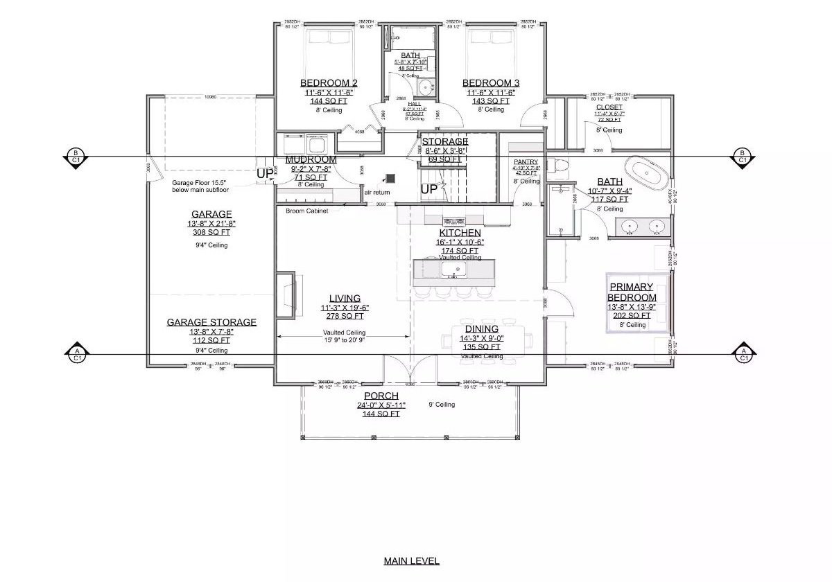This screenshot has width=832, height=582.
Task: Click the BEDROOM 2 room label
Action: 329,82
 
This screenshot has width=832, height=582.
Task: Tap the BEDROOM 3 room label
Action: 491,82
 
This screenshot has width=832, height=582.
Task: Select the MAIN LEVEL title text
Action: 412,561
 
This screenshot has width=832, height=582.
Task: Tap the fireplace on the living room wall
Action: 286,293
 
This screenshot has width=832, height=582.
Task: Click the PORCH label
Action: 381,396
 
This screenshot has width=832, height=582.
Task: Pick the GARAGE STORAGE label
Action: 211,322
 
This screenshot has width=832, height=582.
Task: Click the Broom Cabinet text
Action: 307,210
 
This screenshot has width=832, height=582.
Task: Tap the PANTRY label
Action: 526,161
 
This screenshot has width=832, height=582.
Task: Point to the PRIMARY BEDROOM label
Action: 632,292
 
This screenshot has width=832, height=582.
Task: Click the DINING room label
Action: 482,329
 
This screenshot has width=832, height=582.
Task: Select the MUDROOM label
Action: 311,159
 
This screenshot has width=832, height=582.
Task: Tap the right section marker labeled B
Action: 743,156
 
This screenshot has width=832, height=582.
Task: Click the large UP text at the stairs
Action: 429,188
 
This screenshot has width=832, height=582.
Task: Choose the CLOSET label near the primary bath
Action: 609,107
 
